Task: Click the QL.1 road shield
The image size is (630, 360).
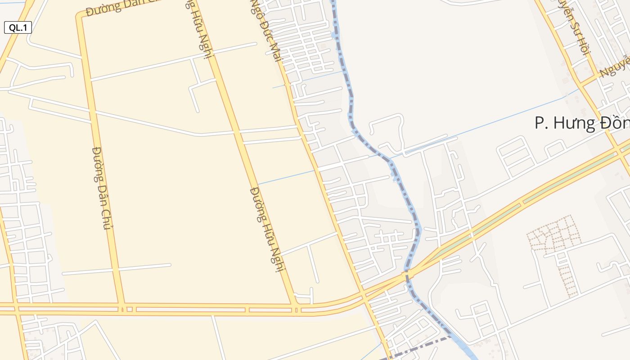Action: coord(18,27)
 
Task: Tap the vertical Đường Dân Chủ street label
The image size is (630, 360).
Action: coord(101,188)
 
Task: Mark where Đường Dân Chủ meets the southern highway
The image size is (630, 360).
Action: coord(122,309)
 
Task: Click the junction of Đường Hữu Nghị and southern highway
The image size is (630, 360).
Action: coord(295,309)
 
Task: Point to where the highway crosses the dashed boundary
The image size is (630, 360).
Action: coord(407,273)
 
